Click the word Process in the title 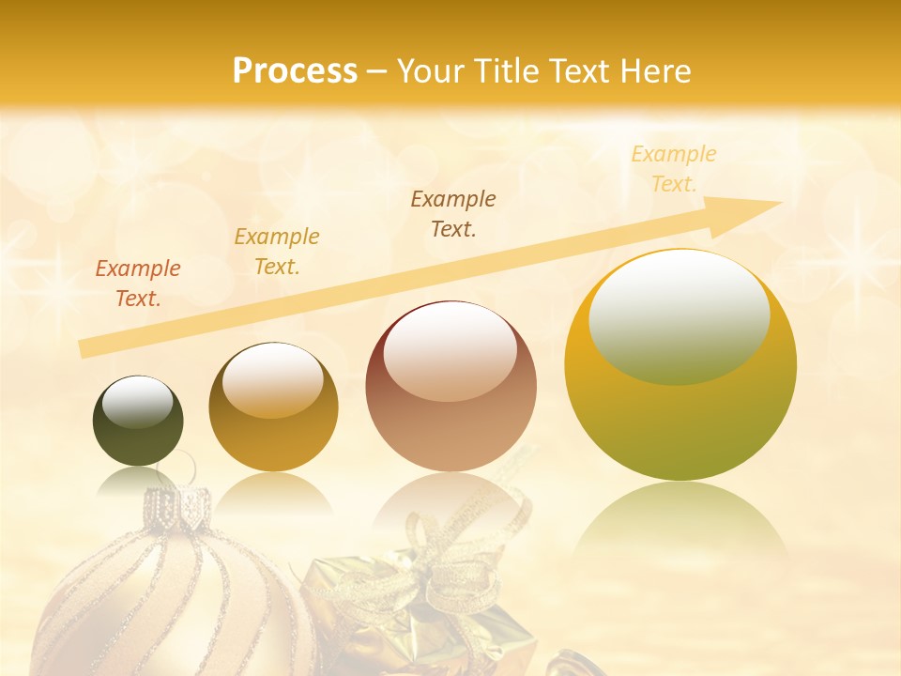coord(295,70)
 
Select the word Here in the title coord(656,70)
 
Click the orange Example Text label coord(138,284)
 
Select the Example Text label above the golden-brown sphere coord(277,252)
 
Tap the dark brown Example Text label coord(453,213)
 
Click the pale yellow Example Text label coord(674,168)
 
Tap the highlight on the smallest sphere coord(138,401)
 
